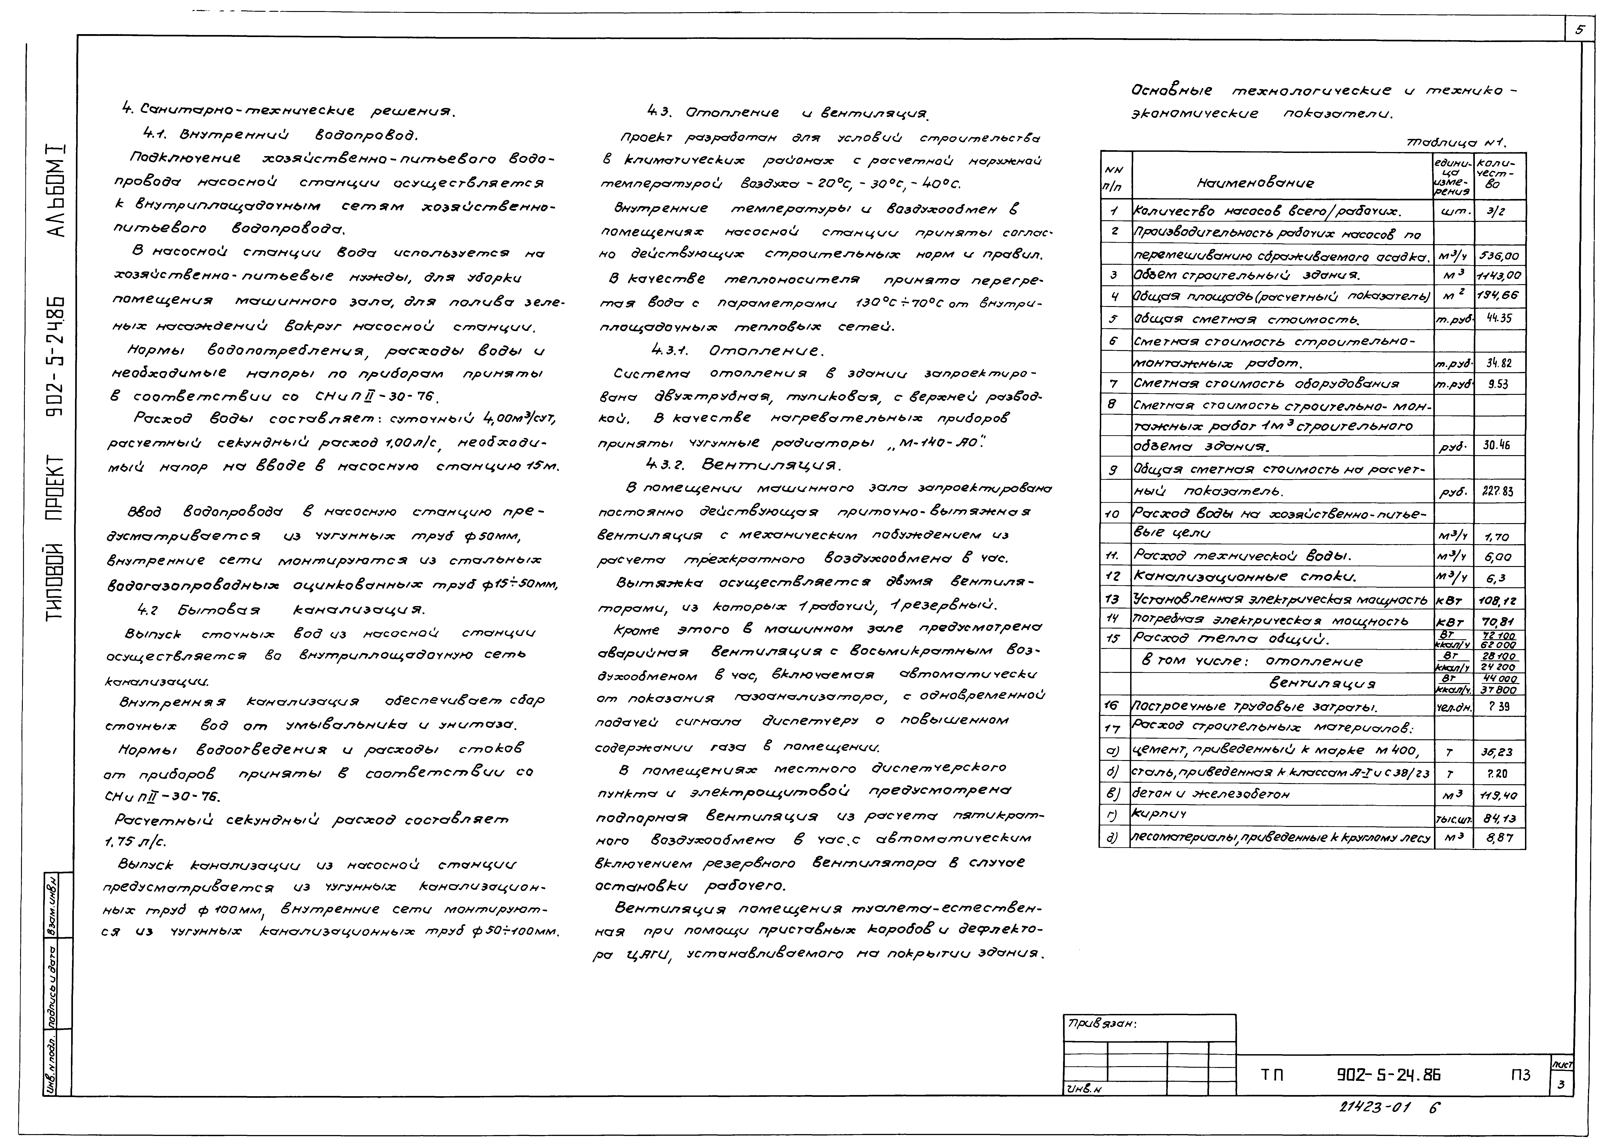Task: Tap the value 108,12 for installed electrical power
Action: (x=1499, y=601)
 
